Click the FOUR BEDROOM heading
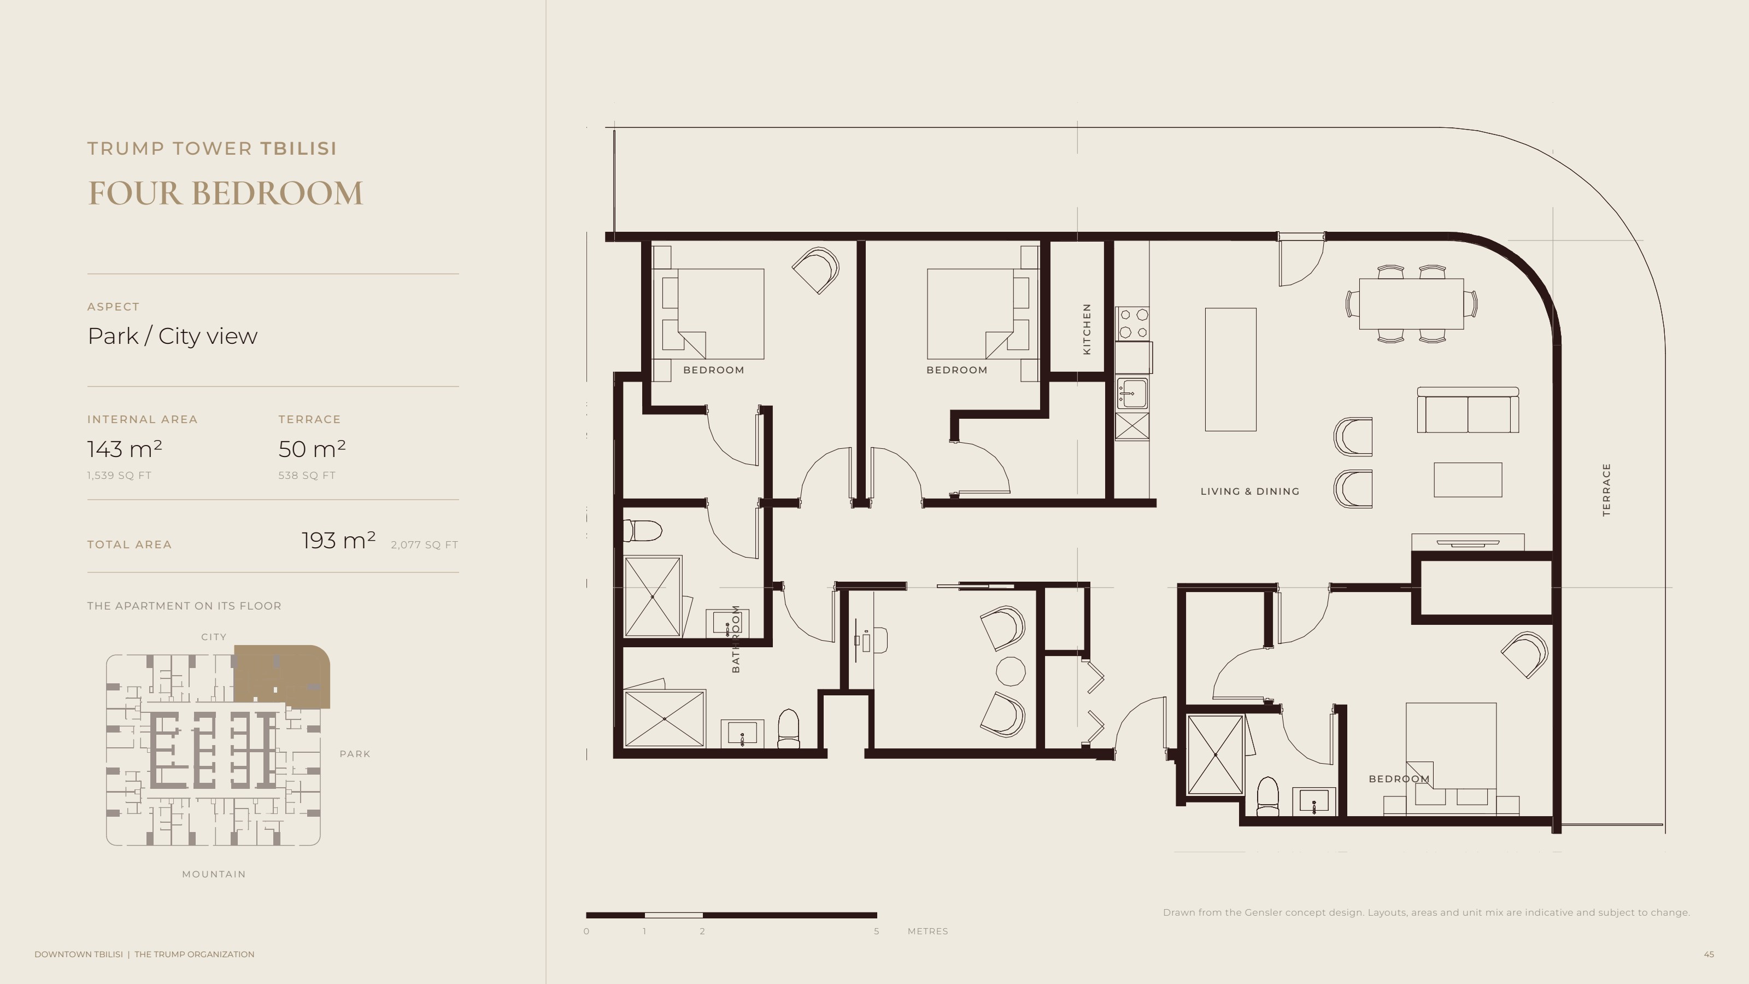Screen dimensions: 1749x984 tap(225, 193)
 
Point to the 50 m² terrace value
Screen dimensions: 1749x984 tap(312, 449)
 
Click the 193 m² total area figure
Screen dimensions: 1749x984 tap(338, 541)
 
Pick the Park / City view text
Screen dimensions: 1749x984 tap(173, 336)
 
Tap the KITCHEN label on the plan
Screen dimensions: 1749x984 tap(1087, 329)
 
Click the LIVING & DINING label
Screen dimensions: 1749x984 tap(1250, 491)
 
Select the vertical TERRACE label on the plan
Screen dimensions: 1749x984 tap(1606, 490)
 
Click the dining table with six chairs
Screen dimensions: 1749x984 tap(1411, 303)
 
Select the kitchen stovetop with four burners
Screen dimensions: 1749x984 tap(1132, 323)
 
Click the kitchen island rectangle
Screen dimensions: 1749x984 tap(1230, 370)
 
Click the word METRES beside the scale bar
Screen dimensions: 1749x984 tap(928, 931)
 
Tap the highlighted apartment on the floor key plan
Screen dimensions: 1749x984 tap(283, 675)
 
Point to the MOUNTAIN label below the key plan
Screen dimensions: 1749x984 tap(214, 874)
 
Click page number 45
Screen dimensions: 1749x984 tap(1709, 954)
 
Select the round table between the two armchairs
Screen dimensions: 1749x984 tap(1010, 671)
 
